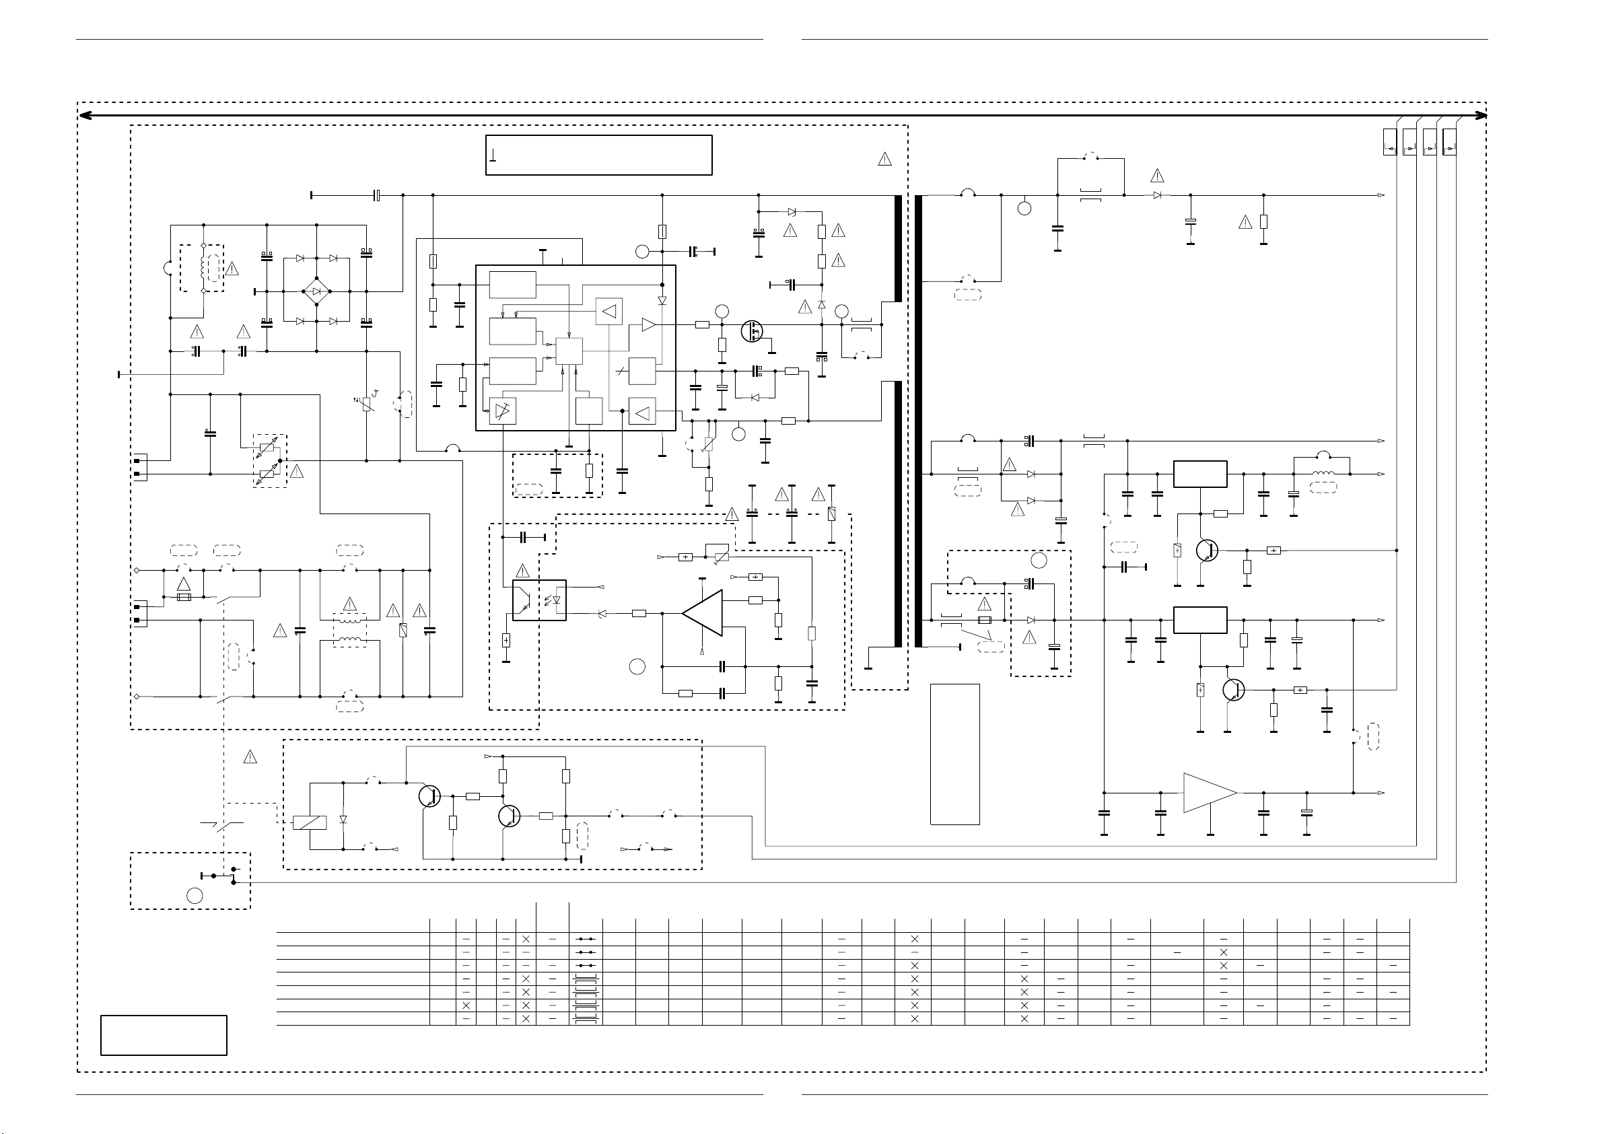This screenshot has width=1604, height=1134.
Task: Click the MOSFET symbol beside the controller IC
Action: pyautogui.click(x=753, y=330)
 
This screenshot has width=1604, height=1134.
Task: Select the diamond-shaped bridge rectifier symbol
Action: pyautogui.click(x=316, y=291)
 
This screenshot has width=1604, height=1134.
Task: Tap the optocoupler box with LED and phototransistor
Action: pyautogui.click(x=538, y=600)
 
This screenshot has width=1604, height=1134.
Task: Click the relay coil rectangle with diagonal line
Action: pyautogui.click(x=310, y=822)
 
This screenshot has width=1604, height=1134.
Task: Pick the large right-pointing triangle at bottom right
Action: pyautogui.click(x=1210, y=793)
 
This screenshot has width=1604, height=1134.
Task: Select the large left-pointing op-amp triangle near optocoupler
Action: pyautogui.click(x=703, y=614)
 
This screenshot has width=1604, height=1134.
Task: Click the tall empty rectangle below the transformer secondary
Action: pyautogui.click(x=954, y=754)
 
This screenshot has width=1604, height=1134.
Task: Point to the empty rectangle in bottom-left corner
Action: pyautogui.click(x=164, y=1035)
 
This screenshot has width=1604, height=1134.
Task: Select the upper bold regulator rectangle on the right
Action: pyautogui.click(x=1200, y=474)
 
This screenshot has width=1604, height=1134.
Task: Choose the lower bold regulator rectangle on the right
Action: pyautogui.click(x=1200, y=620)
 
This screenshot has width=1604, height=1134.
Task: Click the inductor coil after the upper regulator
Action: pyautogui.click(x=1323, y=474)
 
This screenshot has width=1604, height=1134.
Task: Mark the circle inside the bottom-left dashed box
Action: pyautogui.click(x=195, y=895)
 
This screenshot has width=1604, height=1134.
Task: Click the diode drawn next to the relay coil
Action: pyautogui.click(x=343, y=819)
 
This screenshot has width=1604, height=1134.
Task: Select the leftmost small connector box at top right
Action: pyautogui.click(x=1389, y=143)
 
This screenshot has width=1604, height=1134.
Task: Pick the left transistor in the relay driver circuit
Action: pyautogui.click(x=429, y=796)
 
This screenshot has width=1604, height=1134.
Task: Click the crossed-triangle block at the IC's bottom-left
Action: pyautogui.click(x=502, y=410)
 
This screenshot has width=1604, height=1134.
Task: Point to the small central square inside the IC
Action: pyautogui.click(x=569, y=351)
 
